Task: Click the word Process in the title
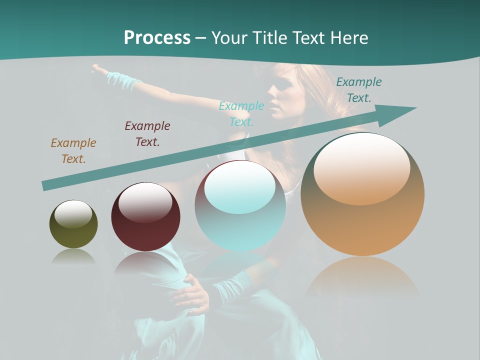tap(157, 38)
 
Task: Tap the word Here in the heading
tap(347, 38)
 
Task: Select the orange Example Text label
tap(73, 151)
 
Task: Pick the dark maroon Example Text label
tap(147, 134)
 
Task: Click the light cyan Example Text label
tap(241, 113)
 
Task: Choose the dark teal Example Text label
tap(358, 90)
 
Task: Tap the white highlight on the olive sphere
tap(73, 213)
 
